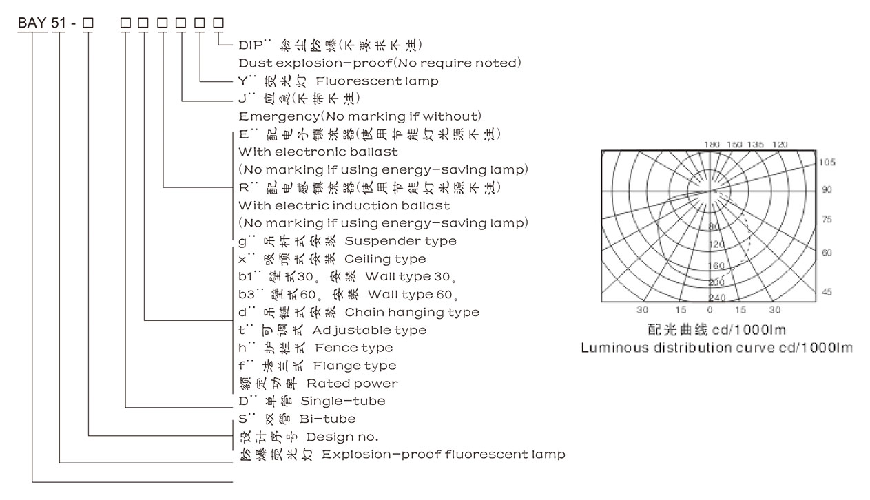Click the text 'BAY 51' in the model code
[x=41, y=23]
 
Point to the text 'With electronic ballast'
[x=318, y=152]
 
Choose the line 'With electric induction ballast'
[x=344, y=205]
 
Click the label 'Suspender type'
[x=400, y=241]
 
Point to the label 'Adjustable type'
[x=369, y=331]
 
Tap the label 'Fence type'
[x=353, y=348]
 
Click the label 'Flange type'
[x=355, y=366]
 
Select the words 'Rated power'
[x=352, y=384]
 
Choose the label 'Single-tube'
[x=342, y=401]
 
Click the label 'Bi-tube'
[x=327, y=419]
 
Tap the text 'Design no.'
[x=342, y=437]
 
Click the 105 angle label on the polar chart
[x=827, y=163]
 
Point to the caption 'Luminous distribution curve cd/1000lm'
[x=716, y=348]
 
